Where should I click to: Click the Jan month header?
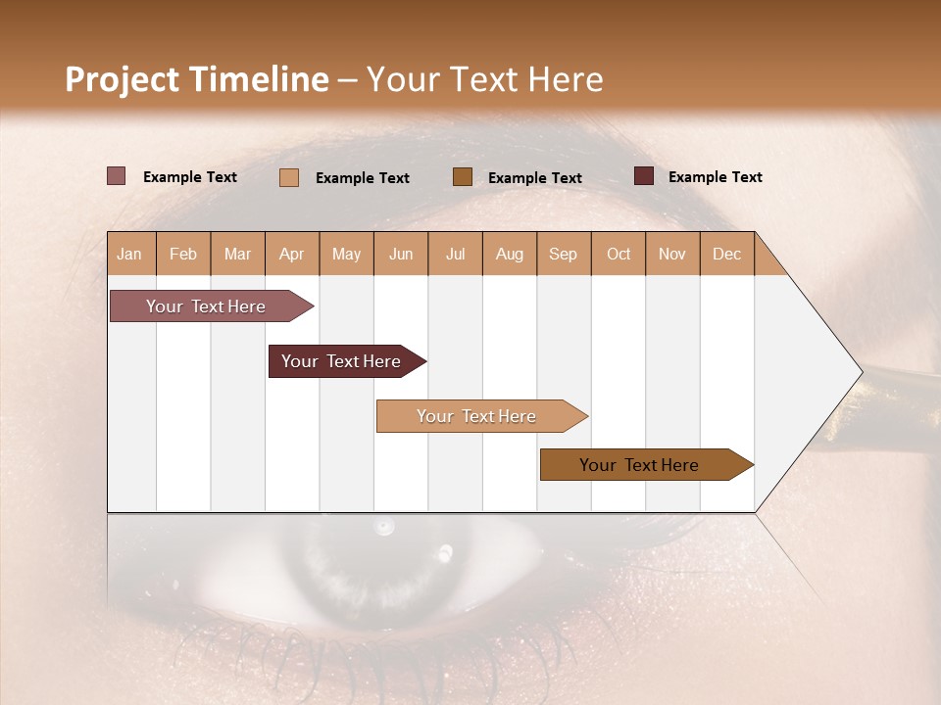click(x=130, y=254)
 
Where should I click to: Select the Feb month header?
click(x=183, y=254)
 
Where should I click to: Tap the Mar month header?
click(x=237, y=254)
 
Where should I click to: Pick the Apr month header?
click(x=292, y=254)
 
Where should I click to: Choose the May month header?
click(x=346, y=254)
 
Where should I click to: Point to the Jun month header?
click(x=401, y=254)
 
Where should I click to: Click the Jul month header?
click(x=455, y=254)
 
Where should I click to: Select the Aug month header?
click(x=510, y=254)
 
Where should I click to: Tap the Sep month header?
click(x=564, y=254)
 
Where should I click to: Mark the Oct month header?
click(x=619, y=254)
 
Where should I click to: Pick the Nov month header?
click(x=672, y=254)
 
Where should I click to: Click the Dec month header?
click(x=726, y=254)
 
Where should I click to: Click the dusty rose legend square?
click(x=117, y=176)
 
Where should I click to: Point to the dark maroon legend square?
click(x=644, y=176)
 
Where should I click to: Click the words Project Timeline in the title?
click(x=197, y=79)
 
